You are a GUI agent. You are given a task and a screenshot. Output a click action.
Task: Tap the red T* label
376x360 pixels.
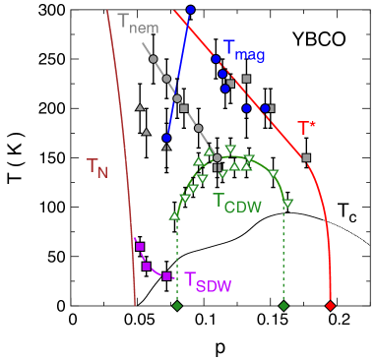pyautogui.click(x=307, y=129)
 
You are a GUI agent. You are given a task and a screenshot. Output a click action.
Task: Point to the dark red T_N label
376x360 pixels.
pyautogui.click(x=97, y=168)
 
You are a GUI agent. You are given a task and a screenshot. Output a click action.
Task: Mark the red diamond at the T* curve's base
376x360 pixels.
pyautogui.click(x=330, y=306)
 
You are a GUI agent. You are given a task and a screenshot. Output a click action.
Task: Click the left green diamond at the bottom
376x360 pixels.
pyautogui.click(x=177, y=307)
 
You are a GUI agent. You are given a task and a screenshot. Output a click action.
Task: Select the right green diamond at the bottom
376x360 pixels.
pyautogui.click(x=283, y=307)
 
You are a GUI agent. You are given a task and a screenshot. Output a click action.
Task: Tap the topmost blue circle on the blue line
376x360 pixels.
pyautogui.click(x=191, y=10)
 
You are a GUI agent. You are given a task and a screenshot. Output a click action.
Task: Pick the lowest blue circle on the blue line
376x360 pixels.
pyautogui.click(x=166, y=138)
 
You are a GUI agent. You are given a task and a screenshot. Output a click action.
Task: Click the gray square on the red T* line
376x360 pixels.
pyautogui.click(x=306, y=157)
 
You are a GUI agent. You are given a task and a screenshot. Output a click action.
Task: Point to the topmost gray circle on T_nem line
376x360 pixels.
pyautogui.click(x=154, y=60)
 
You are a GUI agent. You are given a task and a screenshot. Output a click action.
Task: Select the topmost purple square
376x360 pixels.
pyautogui.click(x=140, y=247)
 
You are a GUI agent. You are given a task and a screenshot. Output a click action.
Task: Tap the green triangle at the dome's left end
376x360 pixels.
pyautogui.click(x=175, y=215)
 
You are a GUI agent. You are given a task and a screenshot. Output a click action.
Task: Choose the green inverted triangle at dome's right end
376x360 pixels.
pyautogui.click(x=288, y=204)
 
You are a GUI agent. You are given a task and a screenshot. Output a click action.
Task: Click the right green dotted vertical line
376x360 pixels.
pyautogui.click(x=283, y=256)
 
